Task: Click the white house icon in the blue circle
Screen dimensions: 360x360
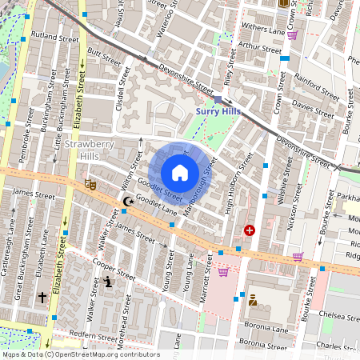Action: coord(180,173)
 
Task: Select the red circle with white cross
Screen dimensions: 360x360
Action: coord(250,230)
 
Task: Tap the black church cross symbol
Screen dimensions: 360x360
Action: coord(42,298)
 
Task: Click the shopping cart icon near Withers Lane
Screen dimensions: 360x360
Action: coord(293,35)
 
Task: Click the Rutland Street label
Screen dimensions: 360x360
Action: coord(55,38)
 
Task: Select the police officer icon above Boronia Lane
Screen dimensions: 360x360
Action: coord(252,301)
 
